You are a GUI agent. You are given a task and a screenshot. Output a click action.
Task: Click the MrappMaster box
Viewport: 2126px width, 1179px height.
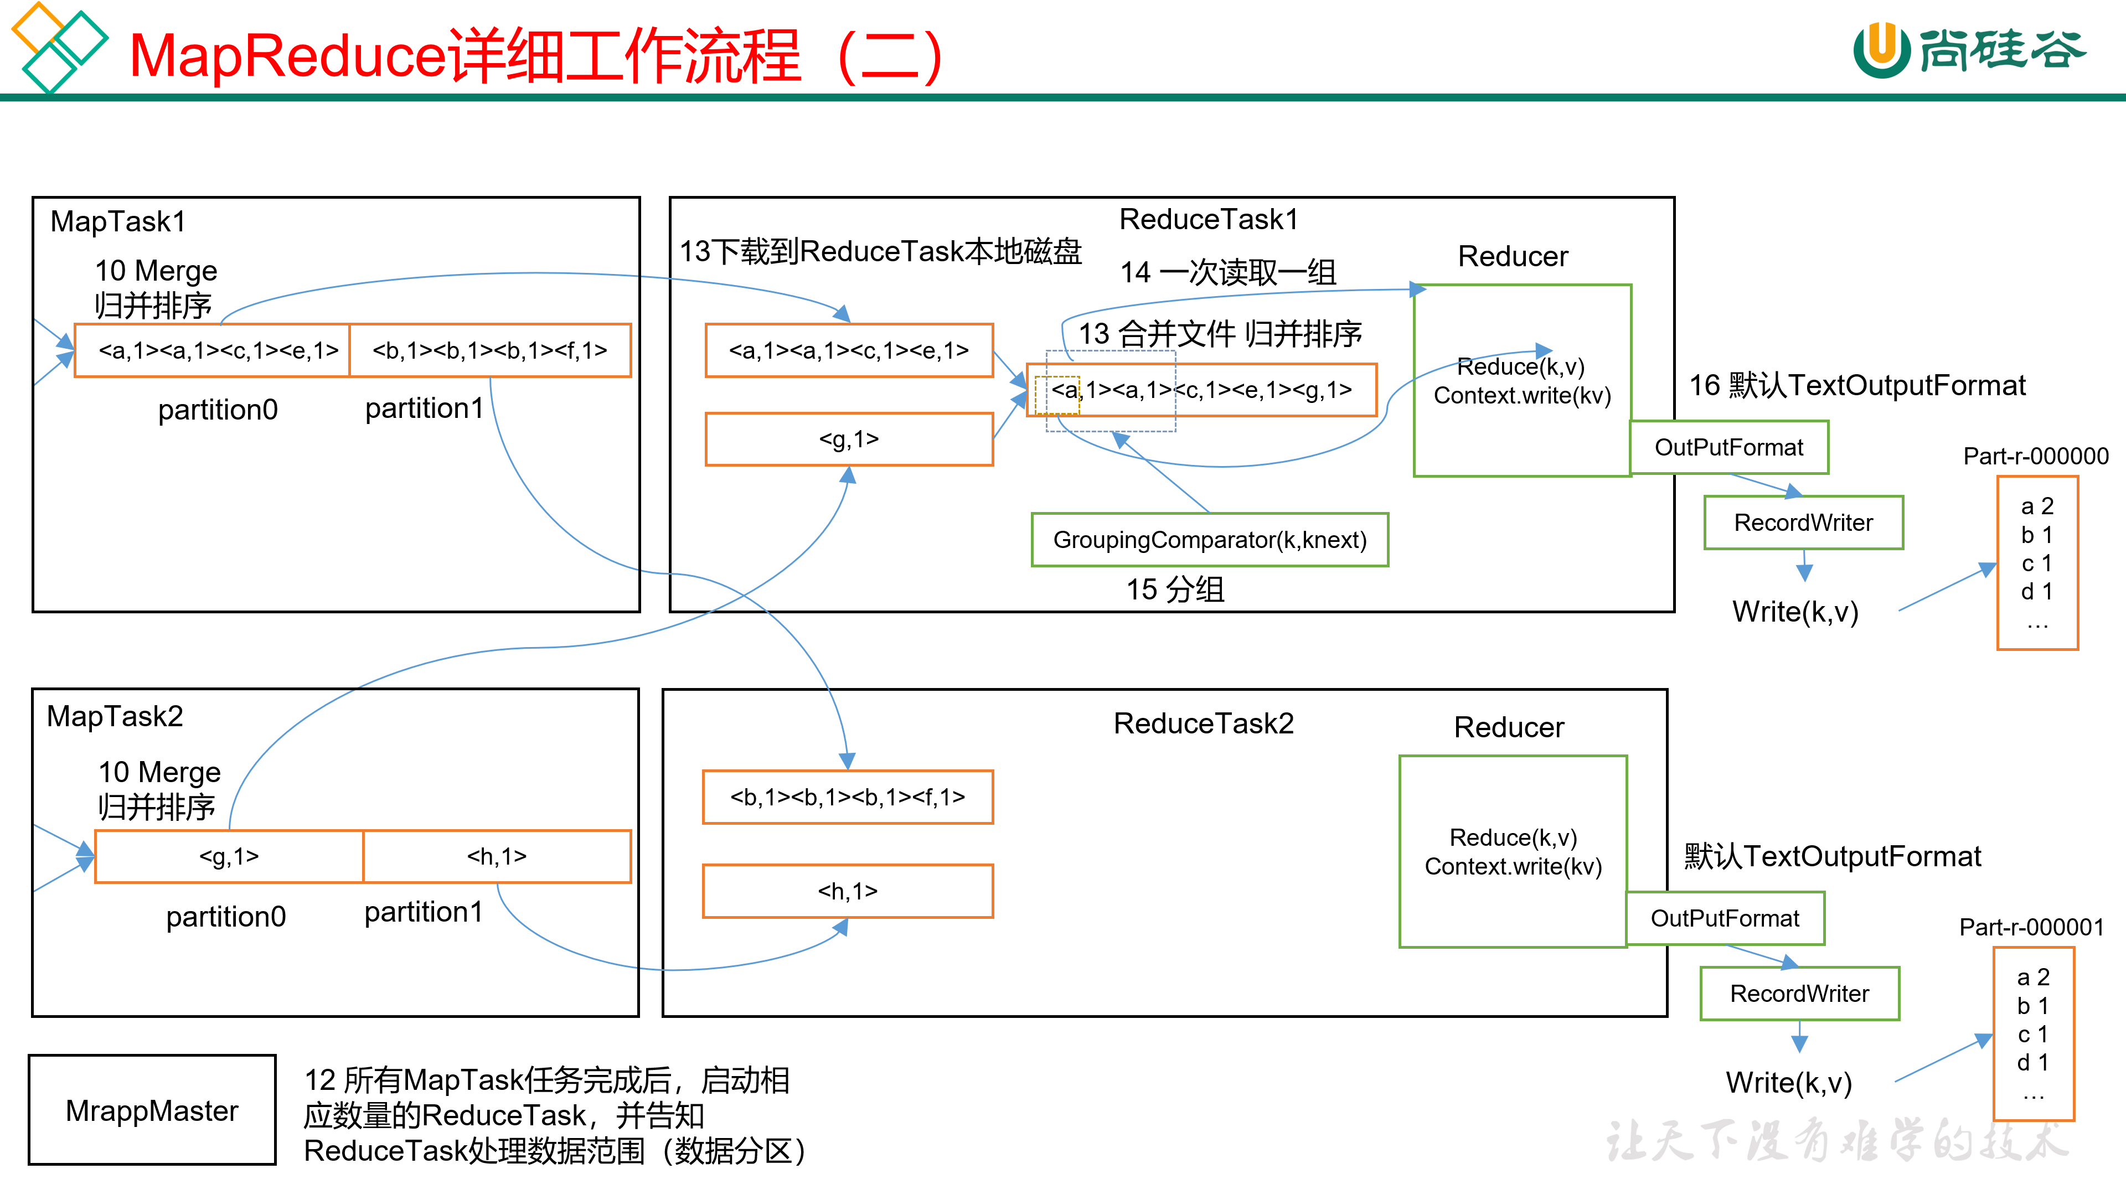[x=152, y=1110]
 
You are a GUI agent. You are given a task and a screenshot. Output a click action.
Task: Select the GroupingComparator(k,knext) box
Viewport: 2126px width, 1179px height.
[x=1210, y=540]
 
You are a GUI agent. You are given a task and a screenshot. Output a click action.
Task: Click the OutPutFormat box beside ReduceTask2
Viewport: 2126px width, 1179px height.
[x=1725, y=918]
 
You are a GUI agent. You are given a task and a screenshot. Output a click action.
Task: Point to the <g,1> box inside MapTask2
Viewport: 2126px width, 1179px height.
[x=229, y=856]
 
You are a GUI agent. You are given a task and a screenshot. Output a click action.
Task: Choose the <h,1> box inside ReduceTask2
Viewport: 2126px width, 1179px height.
[x=848, y=891]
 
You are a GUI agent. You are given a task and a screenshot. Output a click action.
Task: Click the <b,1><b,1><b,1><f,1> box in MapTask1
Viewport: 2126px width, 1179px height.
[x=490, y=350]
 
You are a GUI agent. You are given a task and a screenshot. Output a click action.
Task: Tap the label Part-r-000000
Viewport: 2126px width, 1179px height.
[x=2035, y=456]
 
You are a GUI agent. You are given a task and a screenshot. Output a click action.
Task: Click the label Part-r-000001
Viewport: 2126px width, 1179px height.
[x=2031, y=927]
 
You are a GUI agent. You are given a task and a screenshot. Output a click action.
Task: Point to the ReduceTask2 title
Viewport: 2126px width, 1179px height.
[x=1203, y=723]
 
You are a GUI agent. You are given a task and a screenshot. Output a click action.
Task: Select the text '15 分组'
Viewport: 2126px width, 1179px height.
[x=1175, y=589]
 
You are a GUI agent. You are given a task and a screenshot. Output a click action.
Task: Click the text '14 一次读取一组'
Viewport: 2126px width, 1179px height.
[x=1227, y=272]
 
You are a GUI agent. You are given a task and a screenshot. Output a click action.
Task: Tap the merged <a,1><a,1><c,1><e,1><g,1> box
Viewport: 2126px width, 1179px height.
[x=1201, y=390]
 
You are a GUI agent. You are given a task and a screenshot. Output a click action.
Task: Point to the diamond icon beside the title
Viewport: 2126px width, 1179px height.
[x=58, y=46]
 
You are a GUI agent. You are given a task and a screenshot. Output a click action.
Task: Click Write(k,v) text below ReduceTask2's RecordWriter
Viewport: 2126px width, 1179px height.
[x=1788, y=1083]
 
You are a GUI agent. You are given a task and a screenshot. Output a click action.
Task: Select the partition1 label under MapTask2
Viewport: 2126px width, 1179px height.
[x=424, y=913]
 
